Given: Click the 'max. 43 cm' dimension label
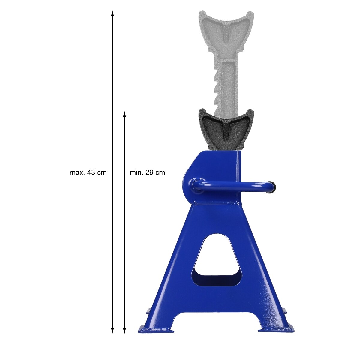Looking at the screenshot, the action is (88, 172).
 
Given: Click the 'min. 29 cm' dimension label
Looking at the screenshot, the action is (147, 172).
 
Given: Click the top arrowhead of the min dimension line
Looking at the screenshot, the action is (124, 115).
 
